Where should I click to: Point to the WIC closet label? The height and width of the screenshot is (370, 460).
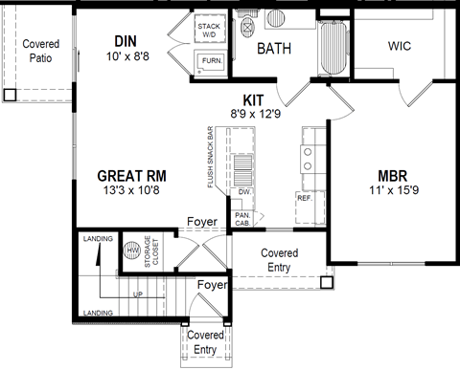(401, 46)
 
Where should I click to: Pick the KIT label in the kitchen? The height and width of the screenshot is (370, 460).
(254, 98)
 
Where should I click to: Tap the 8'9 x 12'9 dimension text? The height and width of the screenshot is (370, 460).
(254, 113)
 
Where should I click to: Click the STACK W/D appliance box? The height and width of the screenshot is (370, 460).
(209, 31)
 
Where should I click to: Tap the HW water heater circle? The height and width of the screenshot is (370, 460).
(131, 250)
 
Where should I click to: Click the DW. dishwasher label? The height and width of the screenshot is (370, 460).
(244, 191)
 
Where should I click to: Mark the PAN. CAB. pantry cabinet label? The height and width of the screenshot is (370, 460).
(243, 220)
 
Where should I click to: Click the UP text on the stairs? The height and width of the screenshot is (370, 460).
(138, 294)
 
